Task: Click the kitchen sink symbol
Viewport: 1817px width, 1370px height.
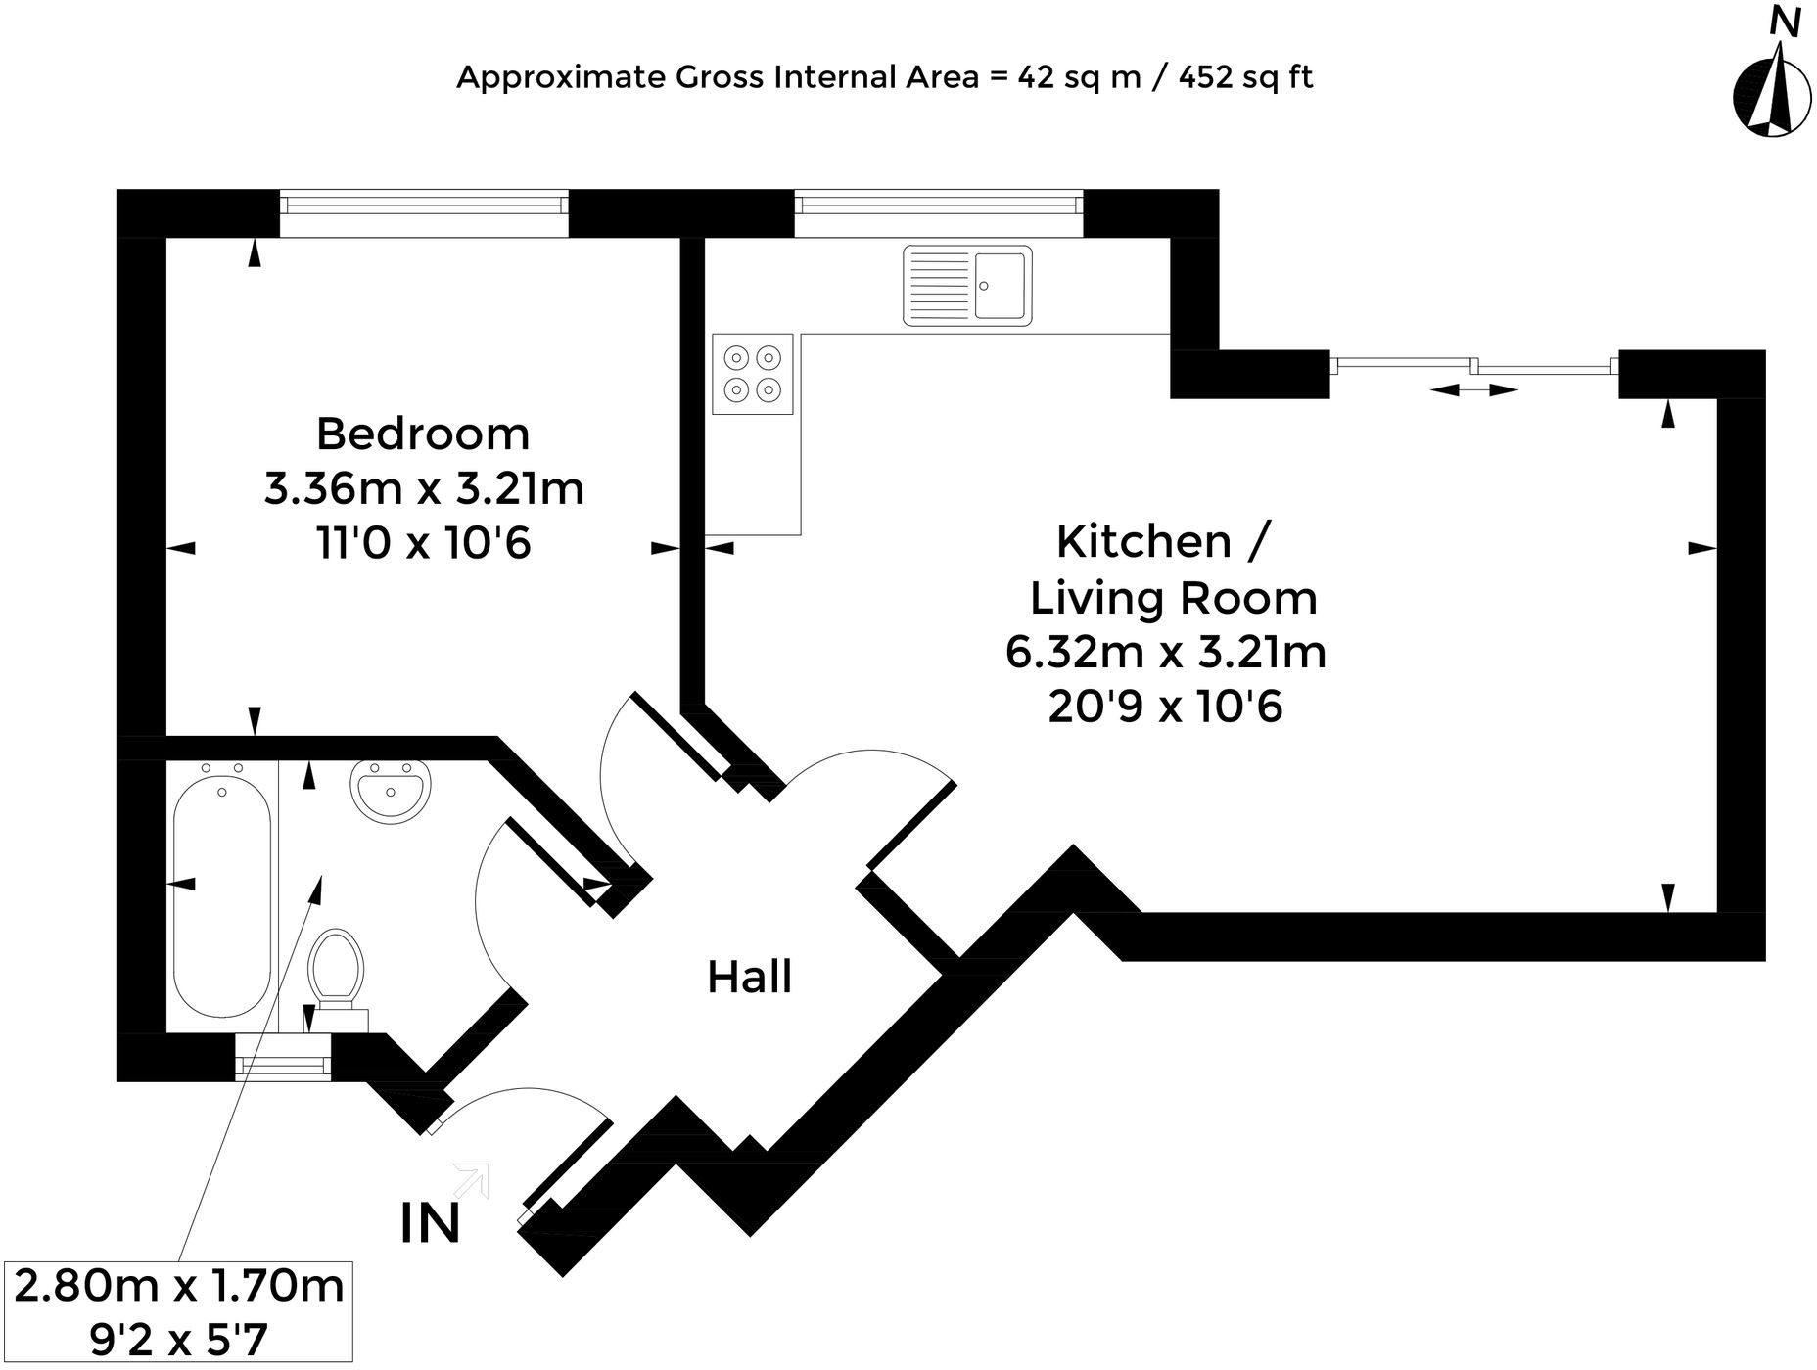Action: [x=967, y=285]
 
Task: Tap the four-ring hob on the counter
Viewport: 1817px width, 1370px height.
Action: [x=752, y=374]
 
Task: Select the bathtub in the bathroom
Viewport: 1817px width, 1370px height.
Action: [x=222, y=897]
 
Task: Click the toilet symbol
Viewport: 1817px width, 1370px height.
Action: [x=336, y=971]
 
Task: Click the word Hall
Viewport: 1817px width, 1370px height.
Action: [x=749, y=977]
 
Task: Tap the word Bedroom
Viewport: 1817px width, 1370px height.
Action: [x=423, y=434]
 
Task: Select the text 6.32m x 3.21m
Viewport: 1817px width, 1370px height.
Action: [x=1165, y=652]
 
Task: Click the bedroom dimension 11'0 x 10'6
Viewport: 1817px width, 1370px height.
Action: [x=423, y=542]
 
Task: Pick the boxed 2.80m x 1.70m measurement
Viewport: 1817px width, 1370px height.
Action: [x=179, y=1286]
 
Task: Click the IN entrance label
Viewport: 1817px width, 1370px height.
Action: [x=431, y=1223]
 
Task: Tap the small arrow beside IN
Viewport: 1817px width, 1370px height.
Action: [x=473, y=1179]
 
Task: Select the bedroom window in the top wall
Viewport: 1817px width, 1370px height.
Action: [x=423, y=204]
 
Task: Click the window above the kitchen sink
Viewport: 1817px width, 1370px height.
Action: [x=938, y=204]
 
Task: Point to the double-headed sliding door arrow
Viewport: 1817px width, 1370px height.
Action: [x=1473, y=390]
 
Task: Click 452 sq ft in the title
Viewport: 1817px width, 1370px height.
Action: [x=1245, y=76]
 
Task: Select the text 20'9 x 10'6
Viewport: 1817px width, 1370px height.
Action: [x=1165, y=707]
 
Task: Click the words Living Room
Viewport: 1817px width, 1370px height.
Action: [x=1173, y=598]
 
